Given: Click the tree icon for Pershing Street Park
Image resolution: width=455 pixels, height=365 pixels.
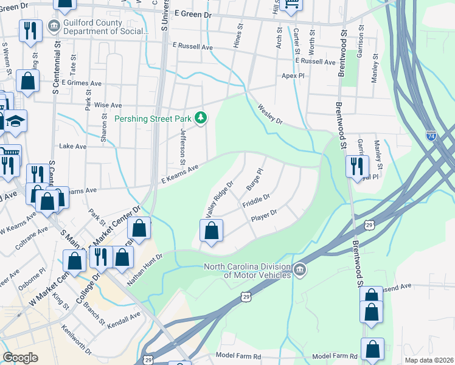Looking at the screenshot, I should (x=201, y=118).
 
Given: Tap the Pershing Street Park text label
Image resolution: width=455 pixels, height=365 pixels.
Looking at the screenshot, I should (x=153, y=119).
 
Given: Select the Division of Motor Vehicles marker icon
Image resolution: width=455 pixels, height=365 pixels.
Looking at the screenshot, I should (x=299, y=269).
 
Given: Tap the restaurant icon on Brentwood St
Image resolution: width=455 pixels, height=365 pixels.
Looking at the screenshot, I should (x=357, y=166).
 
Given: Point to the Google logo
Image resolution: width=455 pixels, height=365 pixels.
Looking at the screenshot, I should (x=20, y=358).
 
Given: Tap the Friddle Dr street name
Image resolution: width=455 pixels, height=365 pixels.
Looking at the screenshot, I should (x=255, y=200).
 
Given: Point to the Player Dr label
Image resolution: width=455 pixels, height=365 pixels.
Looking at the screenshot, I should (x=264, y=214).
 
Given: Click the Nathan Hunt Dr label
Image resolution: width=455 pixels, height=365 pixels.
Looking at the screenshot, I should (x=145, y=270).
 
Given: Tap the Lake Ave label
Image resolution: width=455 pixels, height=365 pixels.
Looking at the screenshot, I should (x=72, y=147).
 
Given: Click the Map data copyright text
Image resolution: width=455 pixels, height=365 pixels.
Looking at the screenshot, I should (x=429, y=360).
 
